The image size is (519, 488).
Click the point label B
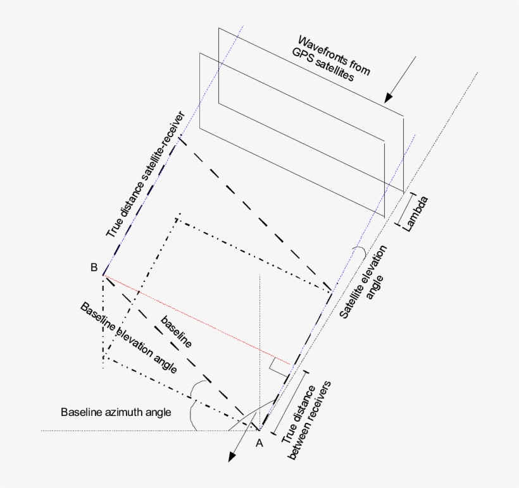point(93,267)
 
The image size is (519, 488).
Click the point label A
point(258,443)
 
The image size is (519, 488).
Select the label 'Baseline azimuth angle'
point(116,412)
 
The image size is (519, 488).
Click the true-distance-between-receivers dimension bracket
point(289,401)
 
